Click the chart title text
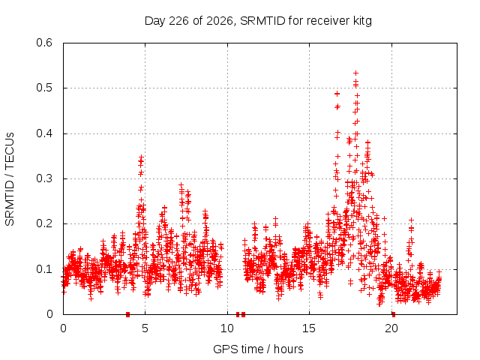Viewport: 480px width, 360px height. click(x=258, y=21)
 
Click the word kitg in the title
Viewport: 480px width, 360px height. click(x=361, y=21)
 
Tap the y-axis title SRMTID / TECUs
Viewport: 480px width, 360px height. click(x=10, y=179)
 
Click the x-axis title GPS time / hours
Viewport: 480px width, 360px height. click(x=258, y=349)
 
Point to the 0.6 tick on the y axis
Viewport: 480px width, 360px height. click(x=44, y=43)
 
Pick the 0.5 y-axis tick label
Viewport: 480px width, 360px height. click(x=44, y=88)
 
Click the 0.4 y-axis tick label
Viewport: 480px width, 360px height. click(x=44, y=133)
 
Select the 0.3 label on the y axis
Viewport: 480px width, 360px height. click(x=44, y=178)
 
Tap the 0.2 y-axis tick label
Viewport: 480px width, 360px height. click(x=44, y=223)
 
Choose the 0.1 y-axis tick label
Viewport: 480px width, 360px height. click(x=44, y=269)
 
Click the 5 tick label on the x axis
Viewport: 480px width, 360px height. click(x=145, y=328)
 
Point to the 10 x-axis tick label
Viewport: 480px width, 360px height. click(x=227, y=328)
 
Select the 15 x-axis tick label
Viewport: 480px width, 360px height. click(x=309, y=328)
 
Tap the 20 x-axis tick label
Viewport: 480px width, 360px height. click(x=391, y=328)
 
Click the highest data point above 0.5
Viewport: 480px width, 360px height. click(x=355, y=73)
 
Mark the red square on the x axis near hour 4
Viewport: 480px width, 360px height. click(x=128, y=315)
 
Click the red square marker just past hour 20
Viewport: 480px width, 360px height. click(x=394, y=315)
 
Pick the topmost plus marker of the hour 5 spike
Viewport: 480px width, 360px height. click(x=141, y=157)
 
